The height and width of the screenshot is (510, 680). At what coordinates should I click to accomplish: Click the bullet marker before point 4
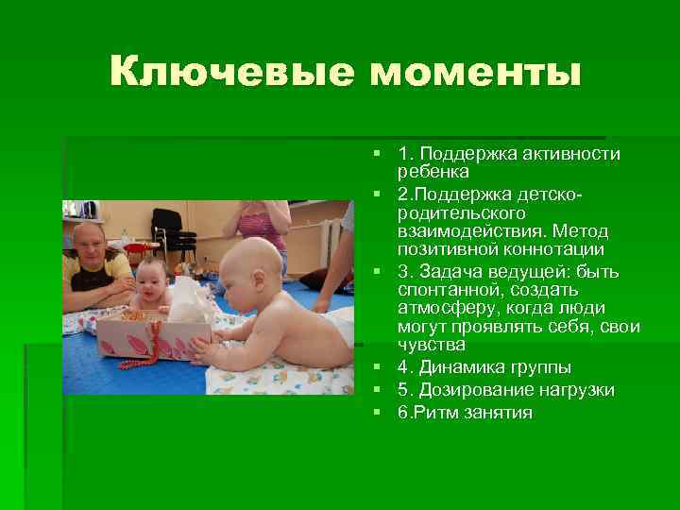coord(376,367)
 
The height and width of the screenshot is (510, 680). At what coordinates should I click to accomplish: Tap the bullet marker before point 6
coord(376,413)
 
